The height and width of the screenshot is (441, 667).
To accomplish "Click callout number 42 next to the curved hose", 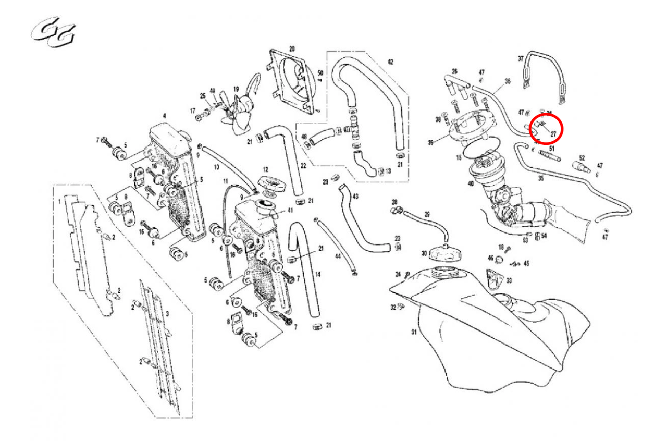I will click(390, 62).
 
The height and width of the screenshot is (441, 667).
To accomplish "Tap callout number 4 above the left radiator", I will click(164, 116).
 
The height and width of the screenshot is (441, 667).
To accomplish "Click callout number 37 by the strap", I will click(520, 58).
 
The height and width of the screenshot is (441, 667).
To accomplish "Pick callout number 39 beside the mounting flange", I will click(431, 142).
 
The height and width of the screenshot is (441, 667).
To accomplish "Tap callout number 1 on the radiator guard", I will click(59, 200).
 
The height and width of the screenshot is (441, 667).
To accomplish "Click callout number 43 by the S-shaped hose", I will click(355, 197).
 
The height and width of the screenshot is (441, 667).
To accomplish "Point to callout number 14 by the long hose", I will click(318, 274).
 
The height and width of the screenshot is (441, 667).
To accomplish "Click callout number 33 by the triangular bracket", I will click(509, 280).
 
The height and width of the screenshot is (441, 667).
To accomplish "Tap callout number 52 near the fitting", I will click(582, 157).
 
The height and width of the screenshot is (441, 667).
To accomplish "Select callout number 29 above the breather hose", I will click(427, 214).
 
